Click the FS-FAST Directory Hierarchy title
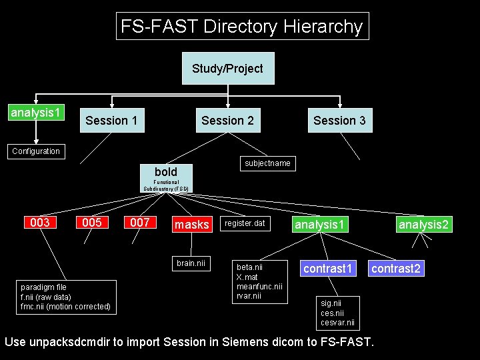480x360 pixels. point(241,27)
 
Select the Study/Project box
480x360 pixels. point(228,69)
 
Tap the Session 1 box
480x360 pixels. point(111,121)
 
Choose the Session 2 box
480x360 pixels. point(227,121)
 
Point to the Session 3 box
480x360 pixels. point(339,121)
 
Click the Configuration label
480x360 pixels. point(36,151)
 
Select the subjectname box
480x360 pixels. point(267,163)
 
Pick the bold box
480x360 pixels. point(166,172)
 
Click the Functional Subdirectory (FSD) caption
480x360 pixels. point(166,185)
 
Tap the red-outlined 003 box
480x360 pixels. point(40,223)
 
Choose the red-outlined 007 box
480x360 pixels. point(140,223)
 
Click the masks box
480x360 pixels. point(192,225)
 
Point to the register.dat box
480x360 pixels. point(245,225)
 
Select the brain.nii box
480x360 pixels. point(191,263)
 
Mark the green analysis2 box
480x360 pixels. point(424,225)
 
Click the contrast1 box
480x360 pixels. point(327,269)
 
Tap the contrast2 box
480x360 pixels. point(396,269)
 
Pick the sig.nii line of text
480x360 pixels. point(331,303)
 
